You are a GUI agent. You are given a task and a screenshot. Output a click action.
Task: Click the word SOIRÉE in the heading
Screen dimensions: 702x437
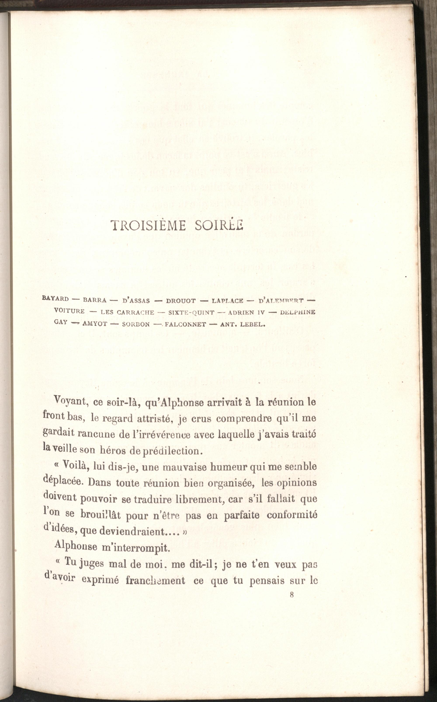click(219, 225)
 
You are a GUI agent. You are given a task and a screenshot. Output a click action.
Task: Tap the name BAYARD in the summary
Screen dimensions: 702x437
click(55, 299)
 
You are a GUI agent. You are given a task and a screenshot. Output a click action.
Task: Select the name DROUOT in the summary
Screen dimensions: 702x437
click(181, 301)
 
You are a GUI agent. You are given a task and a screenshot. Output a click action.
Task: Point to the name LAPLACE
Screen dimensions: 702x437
click(227, 301)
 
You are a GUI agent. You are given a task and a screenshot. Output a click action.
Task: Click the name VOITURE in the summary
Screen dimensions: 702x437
click(69, 311)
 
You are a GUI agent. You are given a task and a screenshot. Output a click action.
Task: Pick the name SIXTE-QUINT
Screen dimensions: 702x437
click(191, 312)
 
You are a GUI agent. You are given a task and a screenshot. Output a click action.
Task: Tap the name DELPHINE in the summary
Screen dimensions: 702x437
click(298, 312)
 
